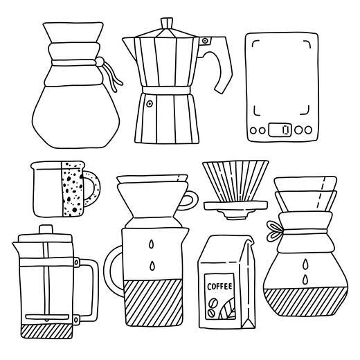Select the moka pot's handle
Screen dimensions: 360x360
(x=220, y=66)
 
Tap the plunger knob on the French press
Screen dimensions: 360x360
(x=44, y=229)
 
